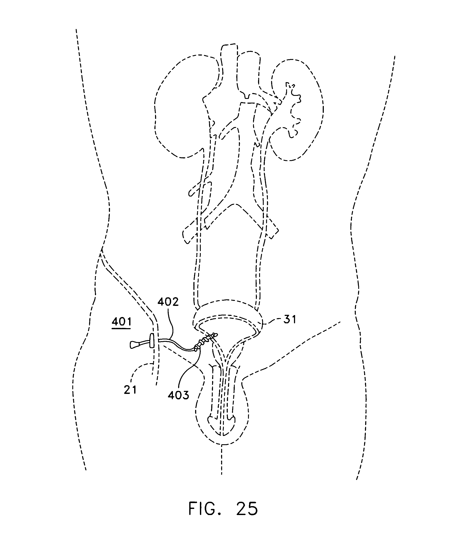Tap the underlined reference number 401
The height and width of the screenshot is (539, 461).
(122, 322)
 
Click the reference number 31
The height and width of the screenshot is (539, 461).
(290, 319)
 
